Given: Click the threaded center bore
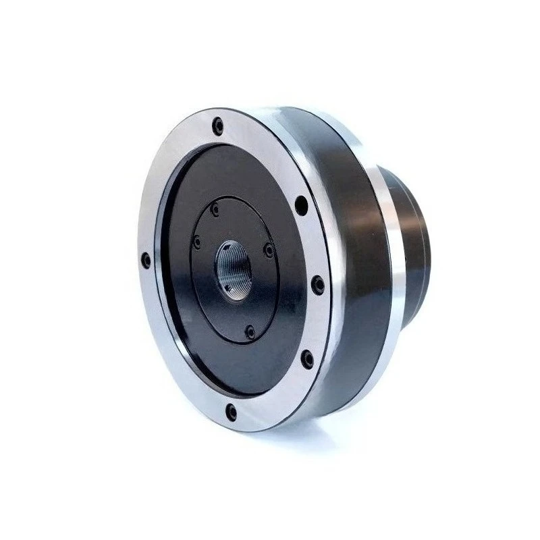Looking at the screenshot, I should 234,270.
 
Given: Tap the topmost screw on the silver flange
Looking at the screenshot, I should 217,126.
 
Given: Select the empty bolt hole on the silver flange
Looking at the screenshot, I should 301,203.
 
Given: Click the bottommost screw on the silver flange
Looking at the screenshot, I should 232,410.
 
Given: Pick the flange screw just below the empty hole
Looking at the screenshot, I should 318,286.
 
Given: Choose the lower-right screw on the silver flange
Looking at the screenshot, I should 307,359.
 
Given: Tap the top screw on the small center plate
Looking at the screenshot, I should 215,210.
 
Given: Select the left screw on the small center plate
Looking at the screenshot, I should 196,242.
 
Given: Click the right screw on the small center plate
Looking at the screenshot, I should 269,250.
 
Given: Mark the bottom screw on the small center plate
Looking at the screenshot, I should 250,331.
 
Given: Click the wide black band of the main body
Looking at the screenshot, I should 358,256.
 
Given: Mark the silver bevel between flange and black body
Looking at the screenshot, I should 317,169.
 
